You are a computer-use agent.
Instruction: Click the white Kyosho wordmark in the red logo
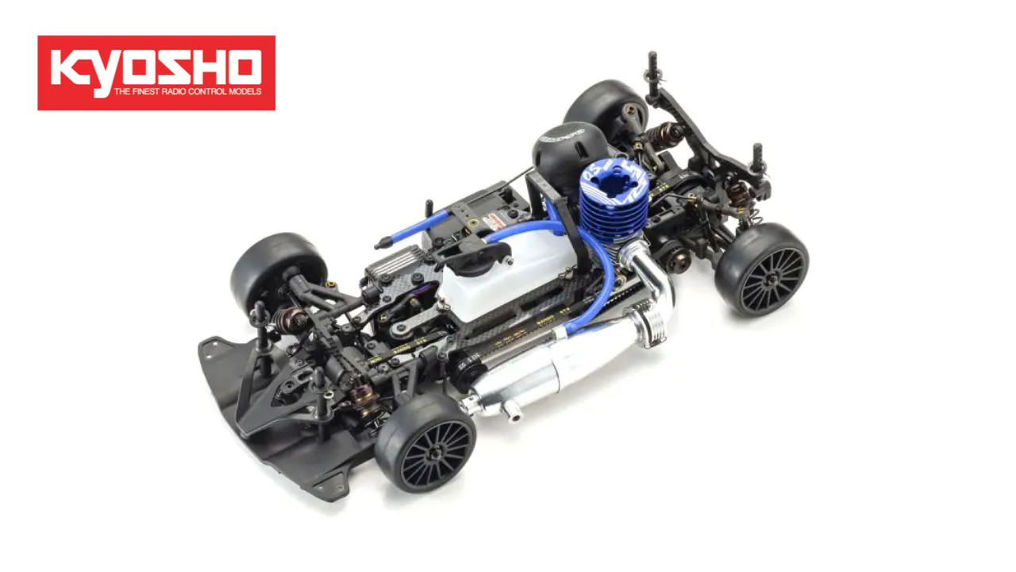[x=156, y=68]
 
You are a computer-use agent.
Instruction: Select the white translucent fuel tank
[x=509, y=274]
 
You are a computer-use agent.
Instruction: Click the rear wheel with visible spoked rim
[x=761, y=270]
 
